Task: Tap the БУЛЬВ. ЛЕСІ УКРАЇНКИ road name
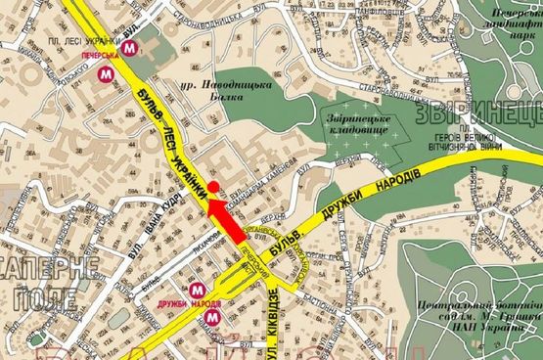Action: (171, 137)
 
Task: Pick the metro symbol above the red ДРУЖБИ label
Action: (198, 290)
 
